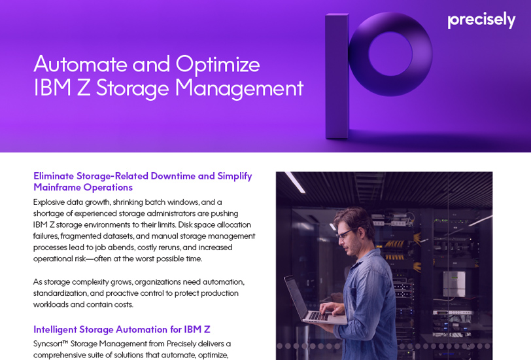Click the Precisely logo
(x=481, y=20)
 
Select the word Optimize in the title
(x=218, y=64)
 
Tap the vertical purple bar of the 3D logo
(x=337, y=75)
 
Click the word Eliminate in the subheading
(x=54, y=176)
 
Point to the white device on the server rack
(x=454, y=284)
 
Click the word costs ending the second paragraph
(x=122, y=304)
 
